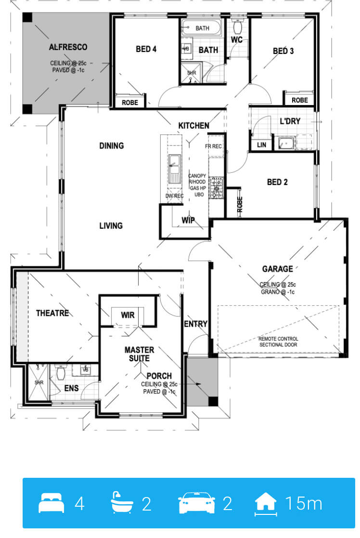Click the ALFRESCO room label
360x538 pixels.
(x=68, y=47)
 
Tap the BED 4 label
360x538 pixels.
(x=146, y=49)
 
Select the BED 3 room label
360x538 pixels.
(x=283, y=51)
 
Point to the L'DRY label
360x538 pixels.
(x=290, y=121)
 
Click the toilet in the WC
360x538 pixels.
(x=237, y=26)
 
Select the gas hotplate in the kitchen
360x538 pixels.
(x=216, y=188)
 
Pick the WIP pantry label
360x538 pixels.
(x=188, y=220)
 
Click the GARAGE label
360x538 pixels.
(x=278, y=269)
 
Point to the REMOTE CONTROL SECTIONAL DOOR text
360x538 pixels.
(x=278, y=342)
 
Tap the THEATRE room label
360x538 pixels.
(x=52, y=313)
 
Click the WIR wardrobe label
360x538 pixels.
(x=128, y=315)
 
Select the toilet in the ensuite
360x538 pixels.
(x=61, y=372)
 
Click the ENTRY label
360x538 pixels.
(x=196, y=324)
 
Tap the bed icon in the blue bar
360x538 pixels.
(x=51, y=503)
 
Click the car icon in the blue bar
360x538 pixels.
(x=196, y=503)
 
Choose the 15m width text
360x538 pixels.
(x=304, y=503)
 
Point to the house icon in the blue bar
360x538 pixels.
(x=266, y=503)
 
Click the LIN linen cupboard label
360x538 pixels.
(x=262, y=145)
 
